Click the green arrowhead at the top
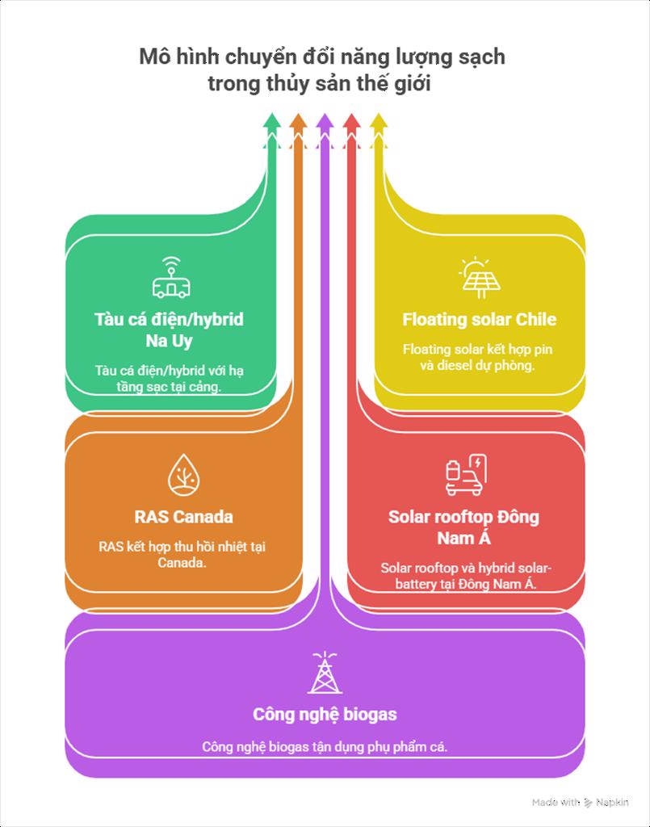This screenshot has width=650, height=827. click(272, 121)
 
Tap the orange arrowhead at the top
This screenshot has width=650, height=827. click(298, 121)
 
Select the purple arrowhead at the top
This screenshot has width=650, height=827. click(325, 121)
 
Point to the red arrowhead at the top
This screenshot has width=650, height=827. click(351, 121)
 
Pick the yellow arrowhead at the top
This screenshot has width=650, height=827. click(378, 121)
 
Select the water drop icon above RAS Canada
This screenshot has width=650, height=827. click(183, 475)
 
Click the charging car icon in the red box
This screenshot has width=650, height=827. click(465, 475)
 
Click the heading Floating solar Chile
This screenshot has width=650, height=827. click(479, 320)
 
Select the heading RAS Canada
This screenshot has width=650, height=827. click(183, 517)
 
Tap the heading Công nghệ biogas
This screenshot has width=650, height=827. click(325, 715)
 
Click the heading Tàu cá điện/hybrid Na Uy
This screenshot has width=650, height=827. click(170, 330)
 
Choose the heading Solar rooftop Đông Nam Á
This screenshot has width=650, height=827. click(463, 527)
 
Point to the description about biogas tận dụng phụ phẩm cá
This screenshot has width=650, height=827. click(325, 747)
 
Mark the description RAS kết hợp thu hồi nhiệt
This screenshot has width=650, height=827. click(182, 554)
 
